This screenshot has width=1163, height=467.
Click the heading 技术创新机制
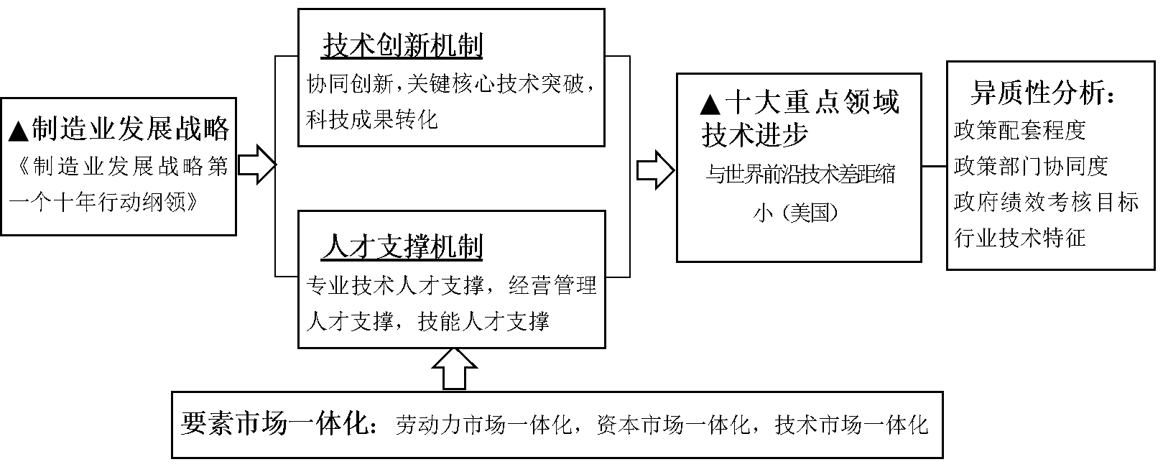click(402, 46)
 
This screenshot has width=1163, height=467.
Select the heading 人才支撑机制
click(402, 247)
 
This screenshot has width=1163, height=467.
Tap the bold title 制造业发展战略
click(131, 129)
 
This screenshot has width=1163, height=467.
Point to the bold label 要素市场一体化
click(278, 424)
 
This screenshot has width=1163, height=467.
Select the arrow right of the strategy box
click(256, 165)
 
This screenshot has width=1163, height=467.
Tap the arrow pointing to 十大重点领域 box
click(655, 170)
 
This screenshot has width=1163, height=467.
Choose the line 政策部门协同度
click(1031, 166)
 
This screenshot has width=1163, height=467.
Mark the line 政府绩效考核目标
click(1046, 202)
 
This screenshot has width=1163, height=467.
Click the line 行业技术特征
click(1019, 237)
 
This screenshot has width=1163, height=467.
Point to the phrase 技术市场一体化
click(851, 425)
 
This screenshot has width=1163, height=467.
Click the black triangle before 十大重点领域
click(709, 105)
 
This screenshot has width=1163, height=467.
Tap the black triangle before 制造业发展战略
click(19, 131)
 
